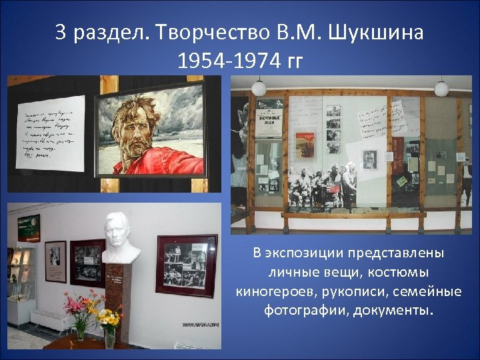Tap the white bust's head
pyautogui.click(x=121, y=230)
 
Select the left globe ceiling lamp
pyautogui.click(x=259, y=87)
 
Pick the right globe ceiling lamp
pyautogui.click(x=441, y=88)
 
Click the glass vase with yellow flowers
pyautogui.click(x=109, y=336)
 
